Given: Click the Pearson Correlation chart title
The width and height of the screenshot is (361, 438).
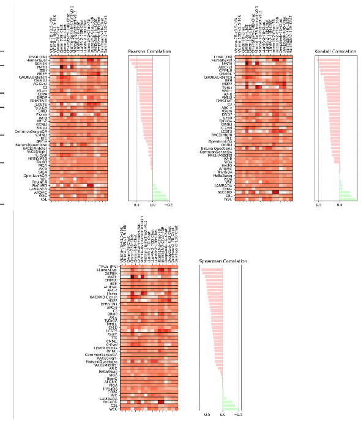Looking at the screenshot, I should click(149, 51).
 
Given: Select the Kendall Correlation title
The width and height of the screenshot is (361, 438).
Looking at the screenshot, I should click(335, 51).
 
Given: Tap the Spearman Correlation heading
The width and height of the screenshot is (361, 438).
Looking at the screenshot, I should click(223, 261).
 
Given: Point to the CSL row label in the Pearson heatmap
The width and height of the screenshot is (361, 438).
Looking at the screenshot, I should click(43, 199).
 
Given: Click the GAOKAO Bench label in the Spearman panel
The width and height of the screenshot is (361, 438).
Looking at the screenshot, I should click(102, 296).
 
